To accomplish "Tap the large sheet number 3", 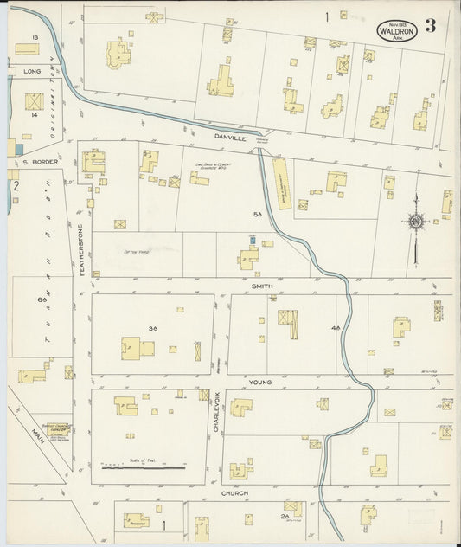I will coord(431,25).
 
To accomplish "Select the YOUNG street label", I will coord(260,382).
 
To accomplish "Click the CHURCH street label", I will coord(234,493).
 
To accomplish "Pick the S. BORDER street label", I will coord(38,162).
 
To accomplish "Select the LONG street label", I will coord(33,71).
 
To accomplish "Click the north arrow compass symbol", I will coord(416,224).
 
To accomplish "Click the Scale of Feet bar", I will coord(144,467).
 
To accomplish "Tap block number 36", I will coord(152,329).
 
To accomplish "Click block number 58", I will coord(257,213).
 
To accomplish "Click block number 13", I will coord(35,38).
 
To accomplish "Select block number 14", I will coord(35,114).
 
